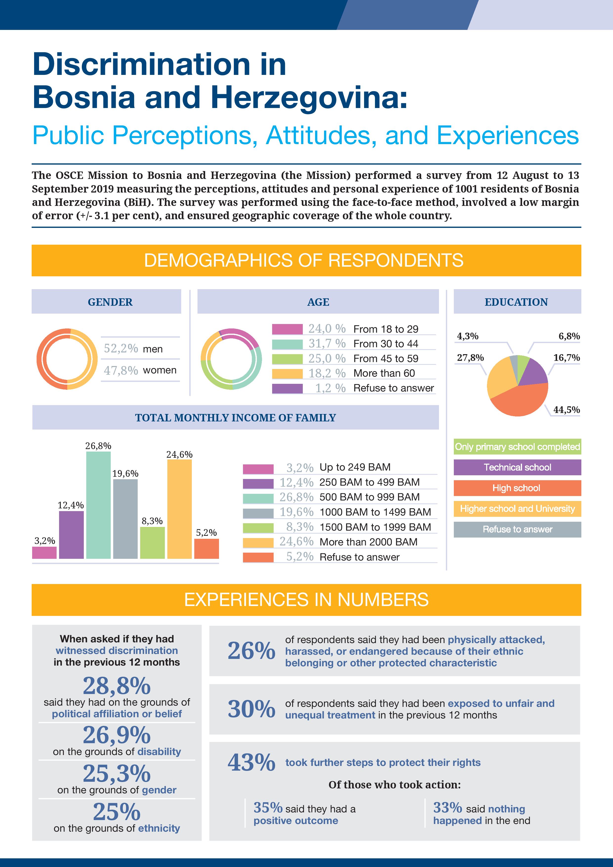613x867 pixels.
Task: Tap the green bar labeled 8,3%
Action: click(x=152, y=543)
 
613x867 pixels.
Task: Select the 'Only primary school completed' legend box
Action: click(x=517, y=447)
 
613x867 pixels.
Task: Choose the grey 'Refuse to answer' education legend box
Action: click(x=517, y=529)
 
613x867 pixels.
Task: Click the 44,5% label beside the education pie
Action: click(x=566, y=410)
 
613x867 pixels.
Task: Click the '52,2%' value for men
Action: click(x=121, y=348)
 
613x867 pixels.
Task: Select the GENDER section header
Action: click(x=110, y=302)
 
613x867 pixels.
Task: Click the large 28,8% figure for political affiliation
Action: click(x=117, y=686)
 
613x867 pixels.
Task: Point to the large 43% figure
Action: click(x=251, y=762)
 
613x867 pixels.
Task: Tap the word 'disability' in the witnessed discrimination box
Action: click(x=159, y=752)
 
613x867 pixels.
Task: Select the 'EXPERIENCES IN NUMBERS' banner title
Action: click(x=306, y=600)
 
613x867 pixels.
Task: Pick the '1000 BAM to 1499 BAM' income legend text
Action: click(x=375, y=512)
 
